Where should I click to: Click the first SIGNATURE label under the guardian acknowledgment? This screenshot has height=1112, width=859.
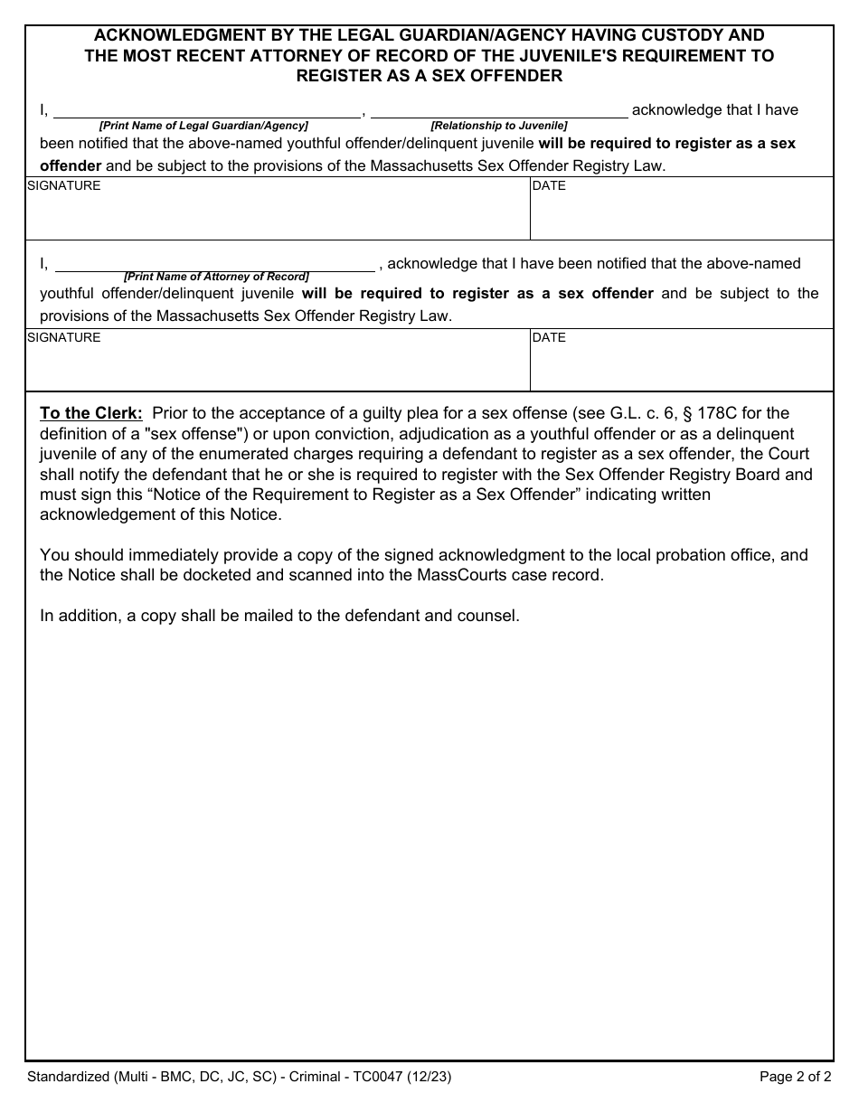[64, 185]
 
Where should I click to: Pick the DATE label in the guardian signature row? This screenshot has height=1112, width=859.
[549, 185]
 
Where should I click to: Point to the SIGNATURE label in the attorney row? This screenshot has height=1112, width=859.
[64, 337]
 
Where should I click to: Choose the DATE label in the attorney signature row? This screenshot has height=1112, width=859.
[549, 337]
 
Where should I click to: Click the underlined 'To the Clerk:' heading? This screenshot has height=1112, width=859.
[91, 413]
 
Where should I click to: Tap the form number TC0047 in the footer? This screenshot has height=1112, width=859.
[376, 1077]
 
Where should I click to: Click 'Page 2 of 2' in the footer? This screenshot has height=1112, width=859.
[795, 1077]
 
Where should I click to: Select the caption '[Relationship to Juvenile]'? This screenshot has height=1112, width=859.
[499, 126]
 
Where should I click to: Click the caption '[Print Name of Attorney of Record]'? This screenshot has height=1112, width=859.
[216, 277]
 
